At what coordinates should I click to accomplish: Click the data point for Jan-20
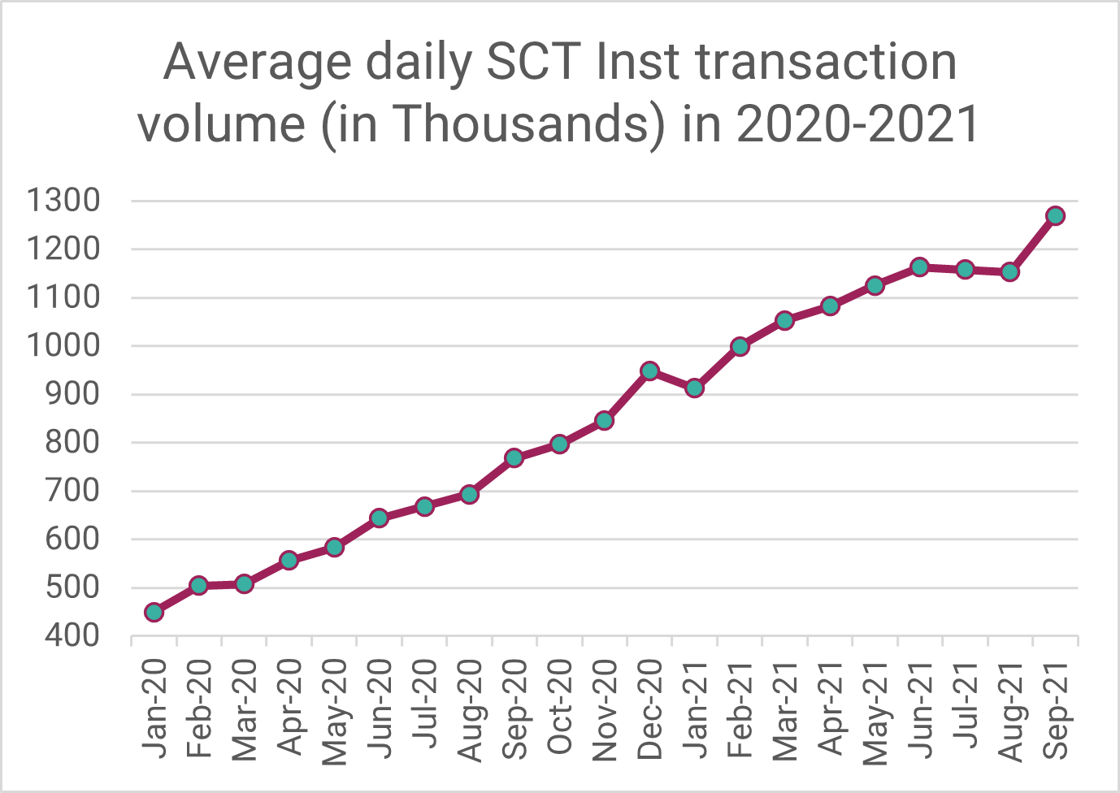(x=154, y=612)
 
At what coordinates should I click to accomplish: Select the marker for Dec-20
(x=649, y=370)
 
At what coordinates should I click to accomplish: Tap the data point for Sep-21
(x=1055, y=216)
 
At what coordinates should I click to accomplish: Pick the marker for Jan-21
(x=694, y=388)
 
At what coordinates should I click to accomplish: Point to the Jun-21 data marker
(x=920, y=266)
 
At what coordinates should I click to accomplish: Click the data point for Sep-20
(x=514, y=458)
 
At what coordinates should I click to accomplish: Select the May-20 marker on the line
(x=334, y=548)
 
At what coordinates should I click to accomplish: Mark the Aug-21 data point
(x=1010, y=271)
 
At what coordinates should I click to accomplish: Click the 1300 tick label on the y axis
(x=63, y=201)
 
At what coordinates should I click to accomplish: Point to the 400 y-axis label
(x=72, y=636)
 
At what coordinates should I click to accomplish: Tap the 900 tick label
(x=72, y=394)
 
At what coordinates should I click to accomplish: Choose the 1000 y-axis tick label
(x=63, y=346)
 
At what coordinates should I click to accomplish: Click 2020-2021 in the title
(x=857, y=123)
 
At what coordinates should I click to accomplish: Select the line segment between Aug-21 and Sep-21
(x=1033, y=244)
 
